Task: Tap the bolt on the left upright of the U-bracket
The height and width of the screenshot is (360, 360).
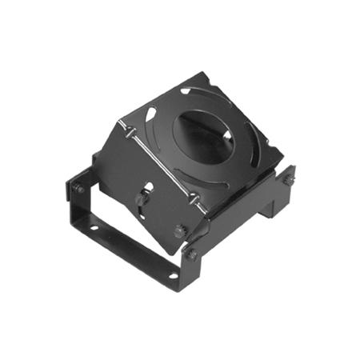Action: pos(79,189)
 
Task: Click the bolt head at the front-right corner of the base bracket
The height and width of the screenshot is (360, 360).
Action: pos(192,254)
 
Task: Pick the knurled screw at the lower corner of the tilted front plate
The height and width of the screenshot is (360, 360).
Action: pos(180,231)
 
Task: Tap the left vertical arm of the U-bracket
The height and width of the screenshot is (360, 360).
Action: pos(70,208)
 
